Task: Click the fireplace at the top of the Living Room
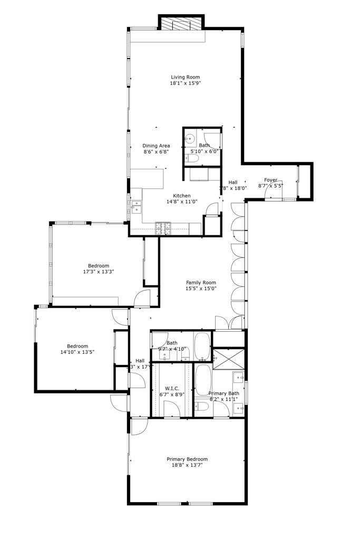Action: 181,24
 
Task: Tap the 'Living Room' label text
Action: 185,77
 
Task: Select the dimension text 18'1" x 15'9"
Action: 185,83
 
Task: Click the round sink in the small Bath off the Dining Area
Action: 190,140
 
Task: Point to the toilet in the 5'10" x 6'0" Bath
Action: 193,158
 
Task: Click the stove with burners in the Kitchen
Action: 163,228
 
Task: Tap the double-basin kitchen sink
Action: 136,206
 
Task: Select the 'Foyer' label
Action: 270,180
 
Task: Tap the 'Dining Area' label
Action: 156,146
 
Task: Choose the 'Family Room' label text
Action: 201,283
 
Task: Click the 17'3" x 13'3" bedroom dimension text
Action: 99,272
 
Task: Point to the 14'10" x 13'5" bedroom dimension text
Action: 77,352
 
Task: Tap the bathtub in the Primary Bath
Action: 203,379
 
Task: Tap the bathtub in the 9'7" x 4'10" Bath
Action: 202,345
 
